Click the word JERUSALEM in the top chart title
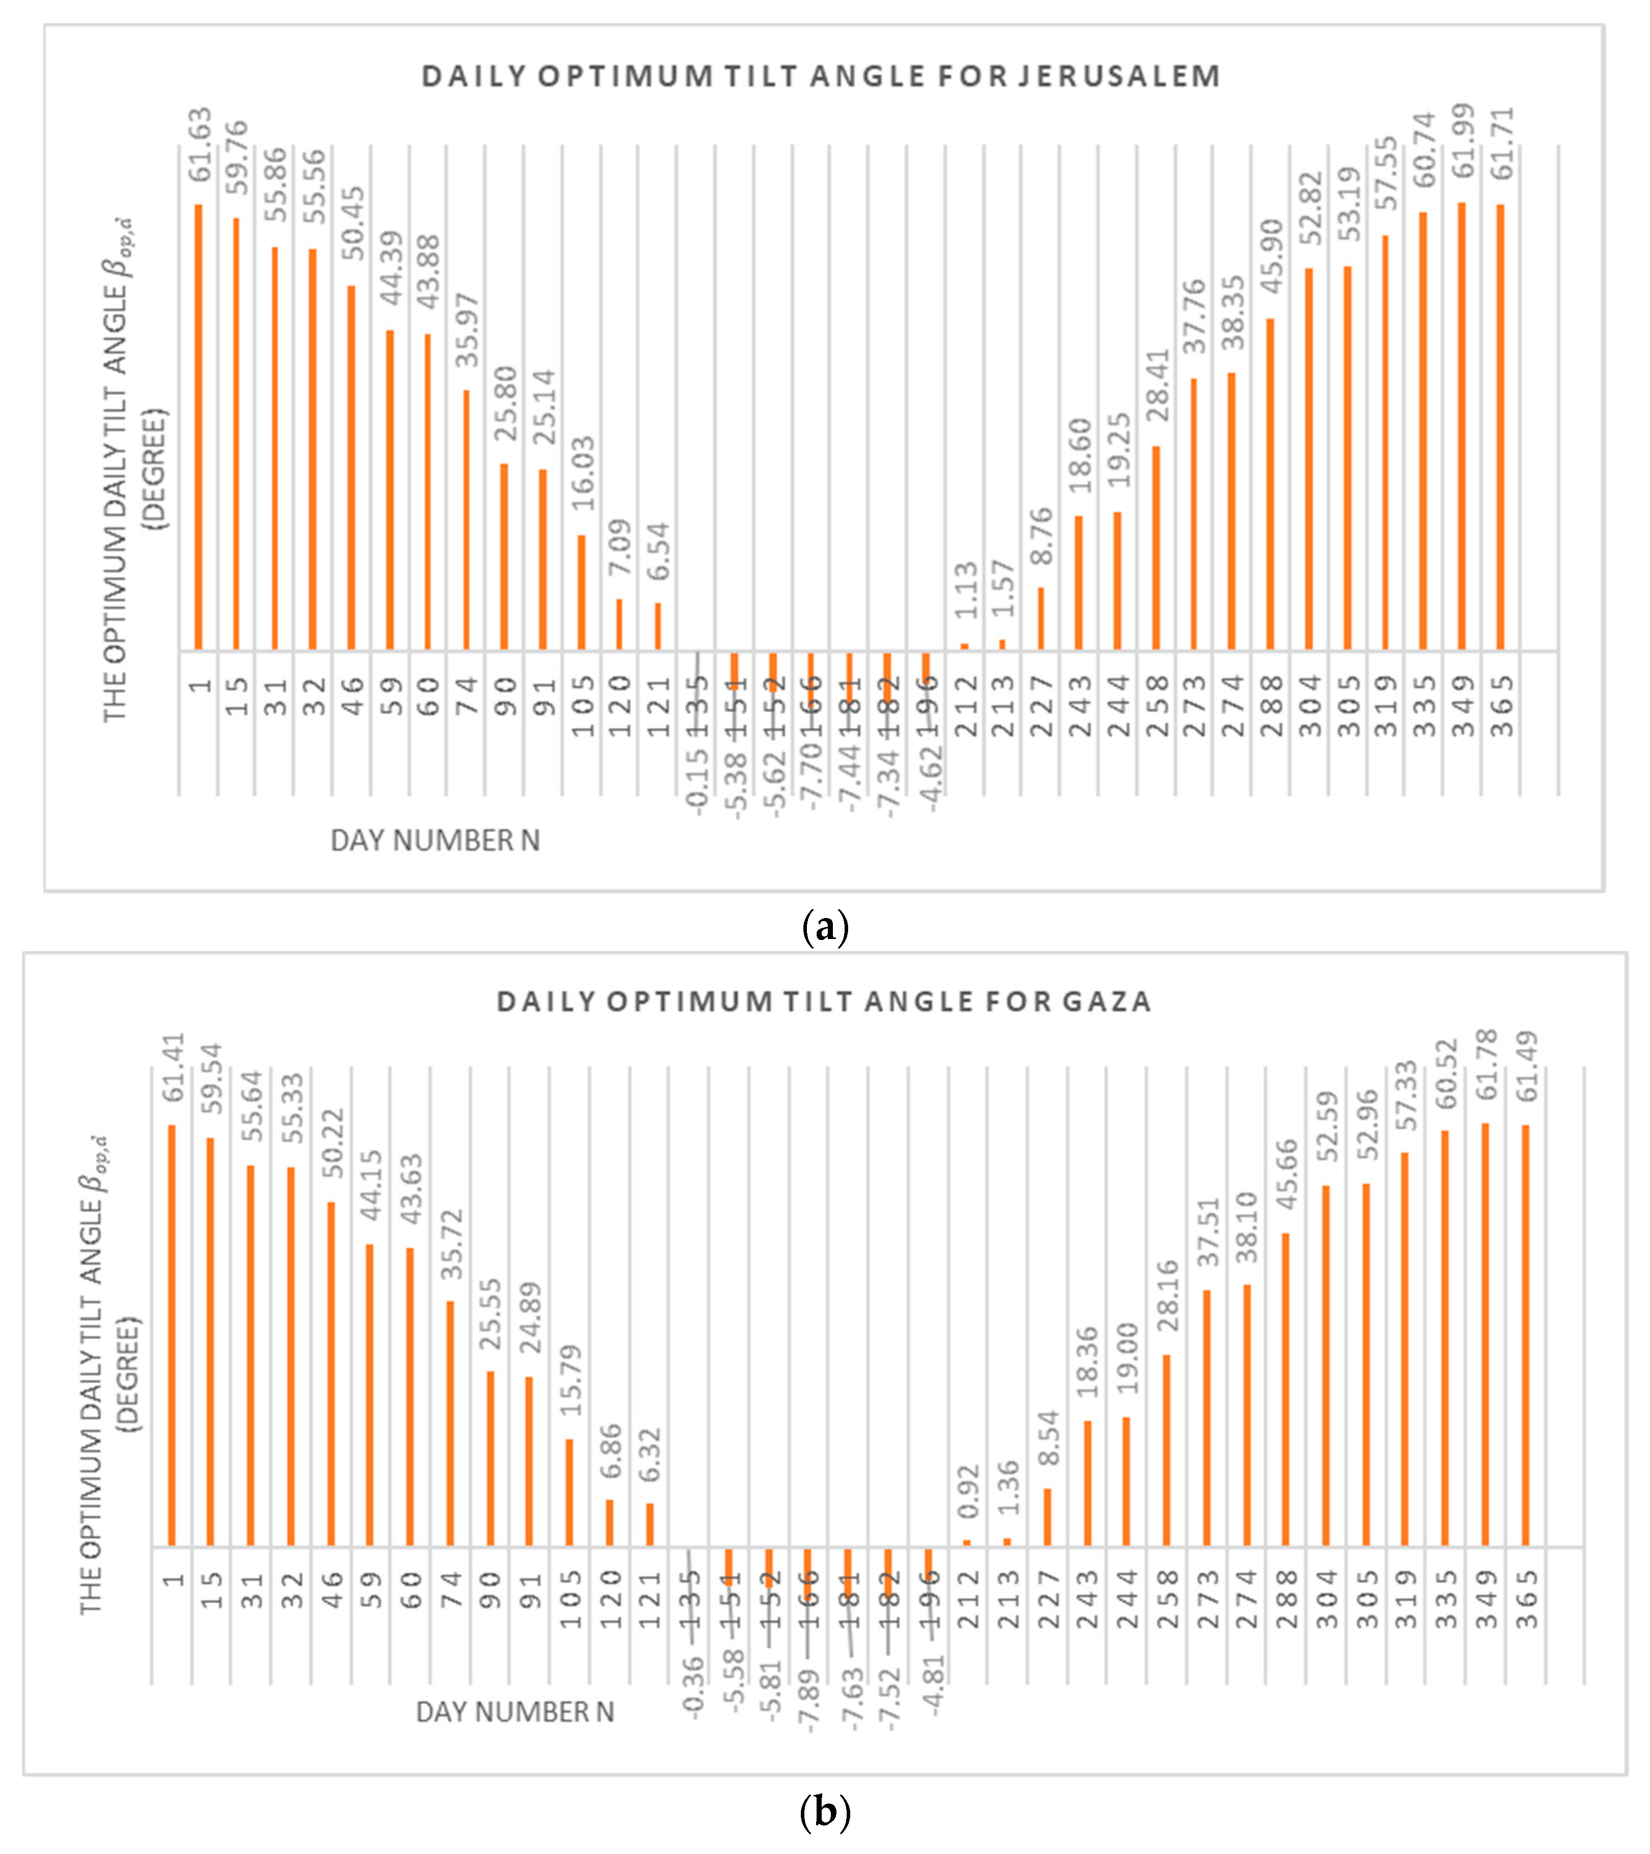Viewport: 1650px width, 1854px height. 1118,76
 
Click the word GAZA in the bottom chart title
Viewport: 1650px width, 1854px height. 1103,1002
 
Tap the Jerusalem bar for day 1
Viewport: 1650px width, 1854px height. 198,426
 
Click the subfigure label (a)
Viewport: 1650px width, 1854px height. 825,927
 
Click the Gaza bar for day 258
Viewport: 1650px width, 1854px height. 1166,1451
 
